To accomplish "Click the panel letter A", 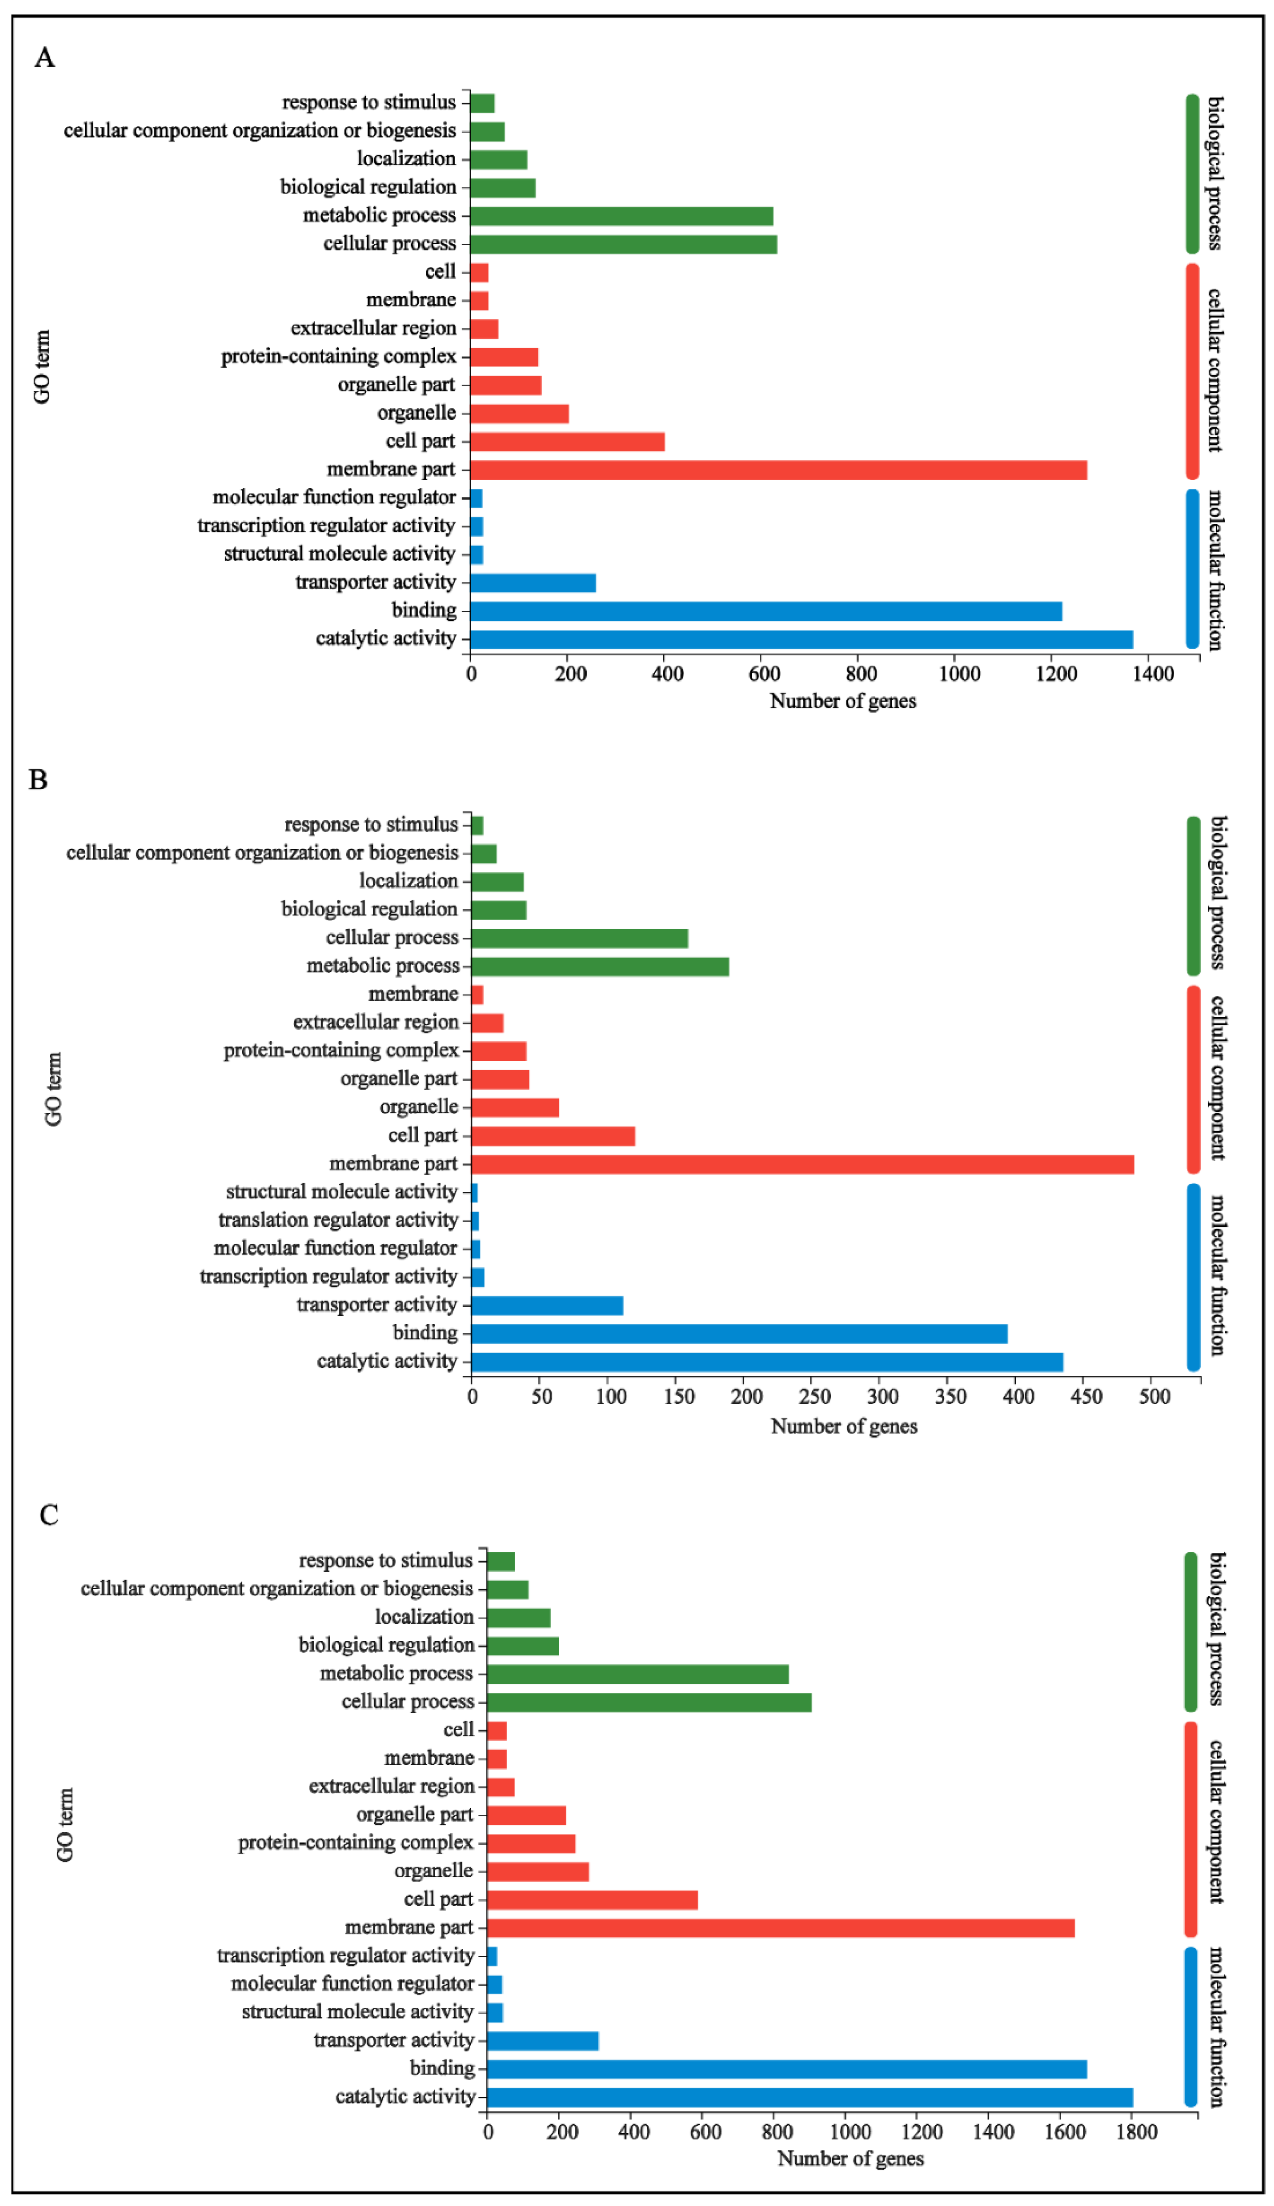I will pos(44,58).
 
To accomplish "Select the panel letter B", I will pos(38,779).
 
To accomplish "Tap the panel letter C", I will pos(49,1515).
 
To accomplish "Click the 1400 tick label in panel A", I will pos(1153,674).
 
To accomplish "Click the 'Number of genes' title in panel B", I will pos(844,1426).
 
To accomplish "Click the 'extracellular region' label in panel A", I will pos(374,328).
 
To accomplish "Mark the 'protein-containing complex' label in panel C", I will pos(355,1843).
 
